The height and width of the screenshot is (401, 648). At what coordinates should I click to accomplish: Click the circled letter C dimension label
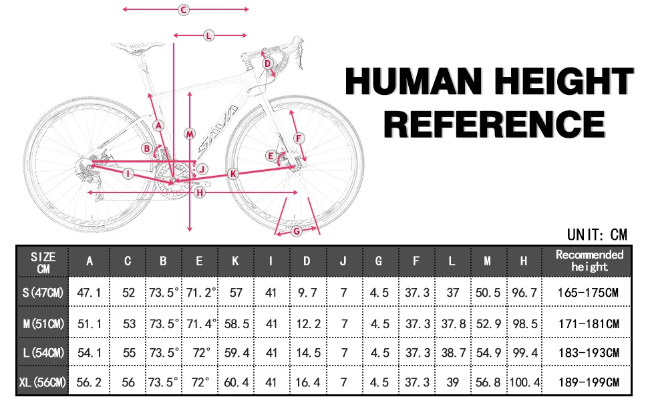tap(184, 9)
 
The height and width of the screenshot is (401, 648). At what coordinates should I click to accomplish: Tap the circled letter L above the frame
tap(208, 35)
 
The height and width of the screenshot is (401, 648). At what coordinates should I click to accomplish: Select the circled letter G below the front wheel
tap(297, 231)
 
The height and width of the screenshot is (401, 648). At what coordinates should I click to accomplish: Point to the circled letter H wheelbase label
tap(199, 192)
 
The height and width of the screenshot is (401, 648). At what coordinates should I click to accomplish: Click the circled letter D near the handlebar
tap(267, 64)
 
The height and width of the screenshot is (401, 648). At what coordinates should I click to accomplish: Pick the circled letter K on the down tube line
tap(233, 174)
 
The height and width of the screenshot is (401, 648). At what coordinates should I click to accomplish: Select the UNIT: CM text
tap(597, 235)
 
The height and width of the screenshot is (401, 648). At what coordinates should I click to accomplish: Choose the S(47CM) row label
tap(43, 293)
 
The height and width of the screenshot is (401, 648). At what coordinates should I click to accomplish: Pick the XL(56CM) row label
tap(43, 382)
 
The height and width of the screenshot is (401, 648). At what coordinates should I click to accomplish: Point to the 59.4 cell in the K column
tap(235, 353)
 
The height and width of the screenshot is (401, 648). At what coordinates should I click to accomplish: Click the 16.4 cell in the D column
tap(307, 382)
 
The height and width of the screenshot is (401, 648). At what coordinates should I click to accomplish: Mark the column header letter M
tap(488, 261)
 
